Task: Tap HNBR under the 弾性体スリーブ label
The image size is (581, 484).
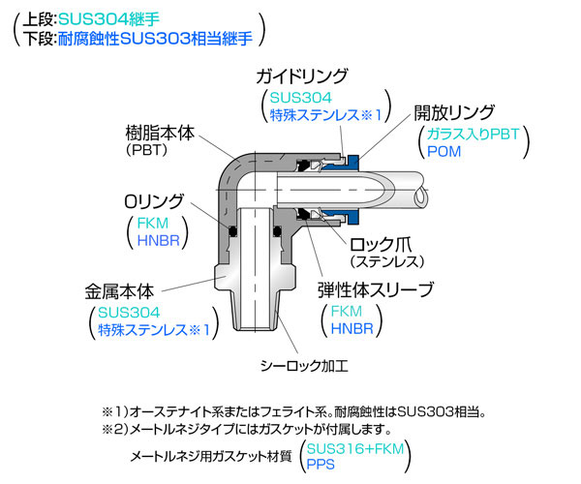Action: [x=352, y=329]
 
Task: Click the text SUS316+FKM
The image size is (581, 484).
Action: [x=353, y=448]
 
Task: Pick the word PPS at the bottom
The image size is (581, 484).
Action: [x=321, y=466]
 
